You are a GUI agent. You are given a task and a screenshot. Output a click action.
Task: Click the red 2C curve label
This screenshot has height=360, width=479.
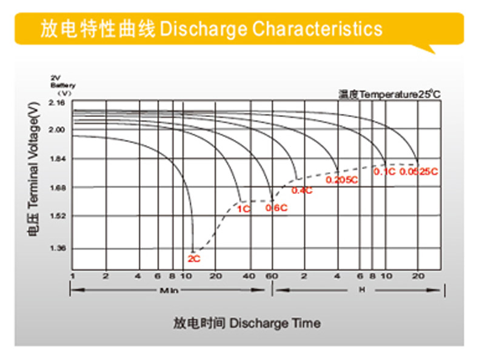(193, 259)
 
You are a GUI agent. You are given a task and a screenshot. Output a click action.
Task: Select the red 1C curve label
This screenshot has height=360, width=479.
(243, 210)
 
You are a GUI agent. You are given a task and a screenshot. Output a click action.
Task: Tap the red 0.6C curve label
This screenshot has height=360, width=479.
(276, 208)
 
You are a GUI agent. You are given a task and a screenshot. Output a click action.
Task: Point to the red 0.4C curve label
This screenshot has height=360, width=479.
(302, 190)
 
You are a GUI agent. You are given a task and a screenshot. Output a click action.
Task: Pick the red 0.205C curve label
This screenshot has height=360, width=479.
(342, 180)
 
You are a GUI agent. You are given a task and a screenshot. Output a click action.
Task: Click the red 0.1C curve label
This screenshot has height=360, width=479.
(384, 172)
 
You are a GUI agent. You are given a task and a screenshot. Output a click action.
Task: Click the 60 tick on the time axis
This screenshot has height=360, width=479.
(272, 276)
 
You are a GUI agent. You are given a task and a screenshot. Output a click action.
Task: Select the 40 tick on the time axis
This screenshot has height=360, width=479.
(249, 276)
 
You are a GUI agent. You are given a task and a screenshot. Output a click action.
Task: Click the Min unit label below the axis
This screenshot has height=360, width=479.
(169, 291)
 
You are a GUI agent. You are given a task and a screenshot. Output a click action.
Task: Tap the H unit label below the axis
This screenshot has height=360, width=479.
(362, 290)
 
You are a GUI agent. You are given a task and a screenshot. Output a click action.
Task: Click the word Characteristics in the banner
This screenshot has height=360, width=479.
(317, 28)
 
